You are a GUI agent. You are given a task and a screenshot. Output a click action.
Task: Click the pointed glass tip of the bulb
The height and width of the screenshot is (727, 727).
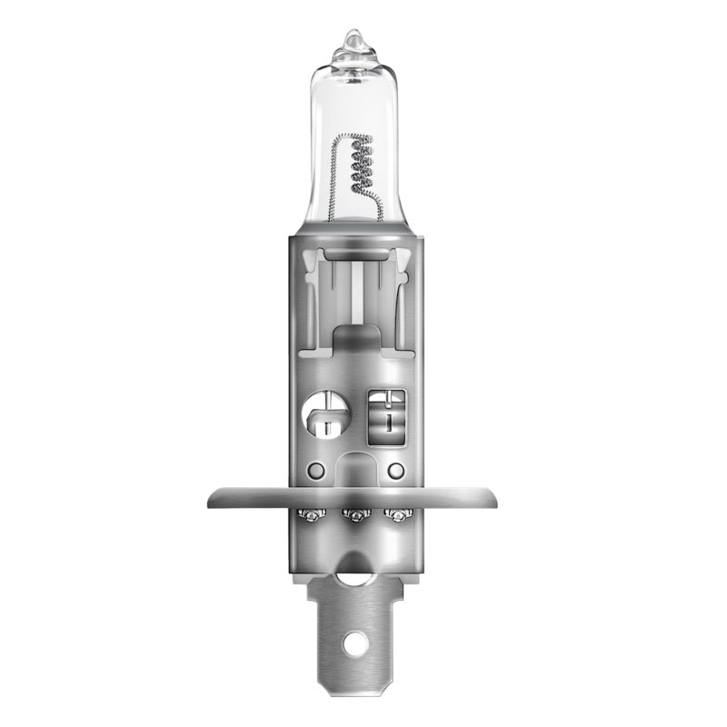click(354, 39)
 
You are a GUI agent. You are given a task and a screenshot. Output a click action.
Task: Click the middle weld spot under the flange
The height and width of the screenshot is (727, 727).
click(353, 517)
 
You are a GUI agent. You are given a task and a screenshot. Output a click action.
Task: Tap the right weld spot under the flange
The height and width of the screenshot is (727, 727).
click(395, 517)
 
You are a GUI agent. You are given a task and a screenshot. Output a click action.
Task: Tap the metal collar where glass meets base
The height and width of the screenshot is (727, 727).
click(353, 232)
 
